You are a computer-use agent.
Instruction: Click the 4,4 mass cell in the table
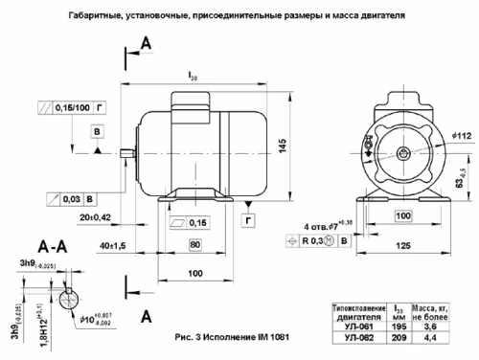(x=432, y=338)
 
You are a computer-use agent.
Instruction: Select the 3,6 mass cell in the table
(x=432, y=326)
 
